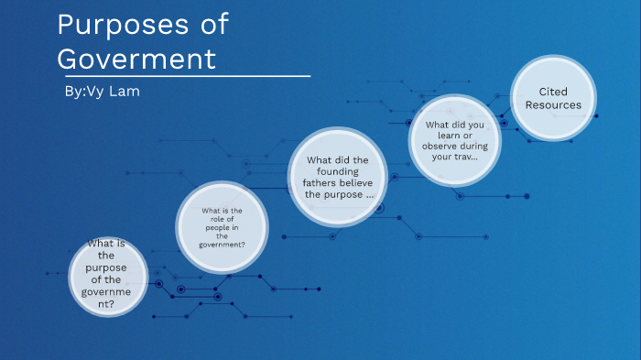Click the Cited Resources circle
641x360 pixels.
(x=553, y=98)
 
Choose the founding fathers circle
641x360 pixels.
(x=338, y=178)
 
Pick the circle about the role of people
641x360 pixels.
(x=223, y=228)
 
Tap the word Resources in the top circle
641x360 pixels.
(x=553, y=104)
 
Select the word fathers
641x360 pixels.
(x=322, y=181)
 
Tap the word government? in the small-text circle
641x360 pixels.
(x=223, y=245)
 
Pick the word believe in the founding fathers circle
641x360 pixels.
(x=355, y=181)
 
